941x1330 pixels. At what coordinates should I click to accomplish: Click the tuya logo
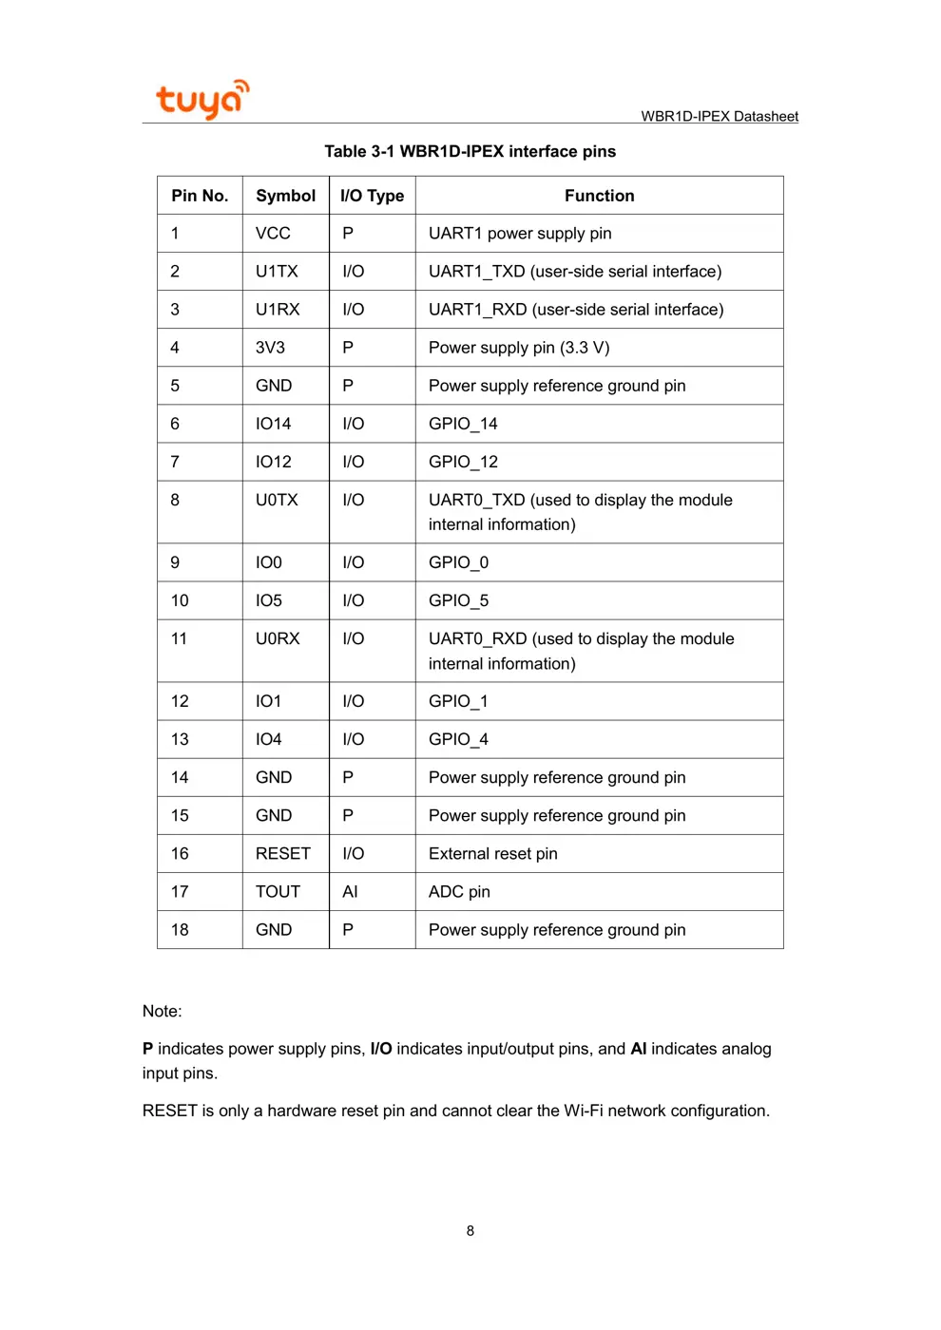pyautogui.click(x=202, y=99)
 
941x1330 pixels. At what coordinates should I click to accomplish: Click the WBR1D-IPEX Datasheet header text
pyautogui.click(x=719, y=116)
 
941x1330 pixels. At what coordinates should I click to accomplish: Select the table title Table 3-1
pyautogui.click(x=470, y=151)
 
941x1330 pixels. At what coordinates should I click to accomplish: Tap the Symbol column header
pyautogui.click(x=285, y=196)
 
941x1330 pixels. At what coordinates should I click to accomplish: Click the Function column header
pyautogui.click(x=599, y=196)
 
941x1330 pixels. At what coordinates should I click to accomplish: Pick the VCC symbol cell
pyautogui.click(x=273, y=234)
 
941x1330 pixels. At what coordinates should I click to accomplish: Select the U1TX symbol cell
pyautogui.click(x=277, y=272)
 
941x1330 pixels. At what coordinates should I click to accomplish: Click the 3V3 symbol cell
pyautogui.click(x=270, y=348)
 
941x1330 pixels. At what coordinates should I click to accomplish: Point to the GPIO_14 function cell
pyautogui.click(x=463, y=424)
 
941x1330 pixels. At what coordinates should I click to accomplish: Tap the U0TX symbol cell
pyautogui.click(x=277, y=500)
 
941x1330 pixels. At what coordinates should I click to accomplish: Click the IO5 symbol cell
pyautogui.click(x=269, y=600)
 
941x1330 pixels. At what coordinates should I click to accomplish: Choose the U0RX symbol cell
pyautogui.click(x=278, y=638)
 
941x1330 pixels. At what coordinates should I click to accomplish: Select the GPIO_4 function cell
pyautogui.click(x=458, y=739)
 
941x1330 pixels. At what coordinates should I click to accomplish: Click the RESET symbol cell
pyautogui.click(x=282, y=853)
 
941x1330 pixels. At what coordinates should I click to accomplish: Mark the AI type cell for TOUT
pyautogui.click(x=350, y=891)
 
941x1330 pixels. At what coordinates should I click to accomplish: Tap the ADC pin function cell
pyautogui.click(x=459, y=891)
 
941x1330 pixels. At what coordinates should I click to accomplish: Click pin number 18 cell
pyautogui.click(x=180, y=929)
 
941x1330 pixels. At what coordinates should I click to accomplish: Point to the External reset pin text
pyautogui.click(x=492, y=853)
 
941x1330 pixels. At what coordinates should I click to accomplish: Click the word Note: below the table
pyautogui.click(x=162, y=1011)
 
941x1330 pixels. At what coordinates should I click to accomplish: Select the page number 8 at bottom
pyautogui.click(x=470, y=1230)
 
